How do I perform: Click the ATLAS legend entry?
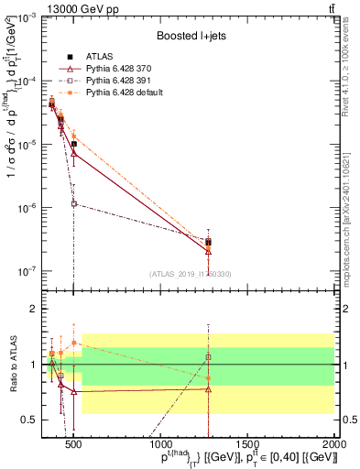(98, 57)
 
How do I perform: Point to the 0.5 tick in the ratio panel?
(30, 420)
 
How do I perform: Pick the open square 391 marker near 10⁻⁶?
(74, 203)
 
